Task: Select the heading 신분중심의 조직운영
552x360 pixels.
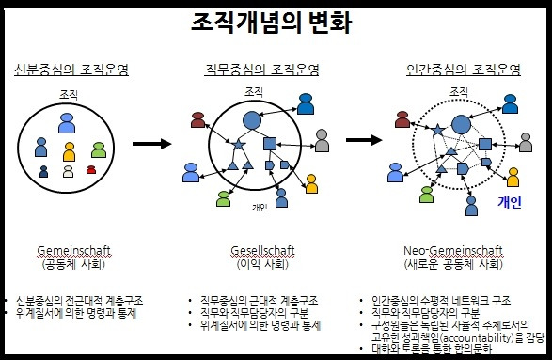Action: [72, 70]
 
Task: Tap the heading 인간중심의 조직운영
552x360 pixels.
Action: [463, 70]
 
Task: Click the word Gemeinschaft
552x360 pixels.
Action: [74, 251]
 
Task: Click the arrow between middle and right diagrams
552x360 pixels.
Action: [364, 140]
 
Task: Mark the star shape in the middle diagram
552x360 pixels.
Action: [237, 144]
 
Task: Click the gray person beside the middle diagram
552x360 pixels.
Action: [322, 140]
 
